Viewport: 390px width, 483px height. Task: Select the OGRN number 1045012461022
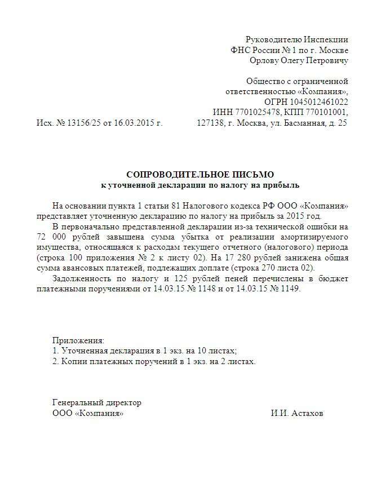[x=320, y=102]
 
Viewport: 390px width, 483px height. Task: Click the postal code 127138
[x=210, y=123]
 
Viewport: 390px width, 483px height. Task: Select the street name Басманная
[x=303, y=123]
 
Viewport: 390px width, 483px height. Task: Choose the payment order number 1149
[x=290, y=289]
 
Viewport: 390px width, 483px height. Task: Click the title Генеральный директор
[x=97, y=402]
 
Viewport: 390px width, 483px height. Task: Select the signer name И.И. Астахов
[x=297, y=413]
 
